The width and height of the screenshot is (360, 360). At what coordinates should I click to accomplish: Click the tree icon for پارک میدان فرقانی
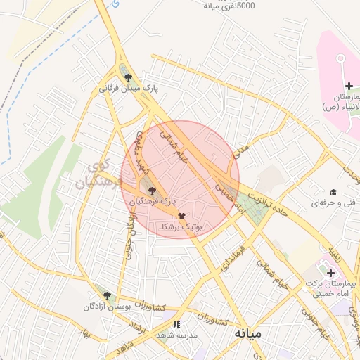[127, 77]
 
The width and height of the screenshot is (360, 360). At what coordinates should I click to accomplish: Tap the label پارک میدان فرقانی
[127, 89]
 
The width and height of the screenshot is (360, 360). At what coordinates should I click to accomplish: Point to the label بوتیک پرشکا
[181, 227]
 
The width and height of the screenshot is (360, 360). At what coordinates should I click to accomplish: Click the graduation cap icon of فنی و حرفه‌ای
[333, 192]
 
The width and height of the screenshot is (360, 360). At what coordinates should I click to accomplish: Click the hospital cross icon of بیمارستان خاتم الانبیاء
[349, 85]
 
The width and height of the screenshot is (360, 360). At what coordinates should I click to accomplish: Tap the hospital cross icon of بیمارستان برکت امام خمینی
[330, 272]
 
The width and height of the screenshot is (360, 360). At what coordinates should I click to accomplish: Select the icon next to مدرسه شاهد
[176, 324]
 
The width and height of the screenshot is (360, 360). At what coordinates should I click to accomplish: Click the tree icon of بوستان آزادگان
[107, 295]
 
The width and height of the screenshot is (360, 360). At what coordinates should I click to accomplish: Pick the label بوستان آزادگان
[107, 307]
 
